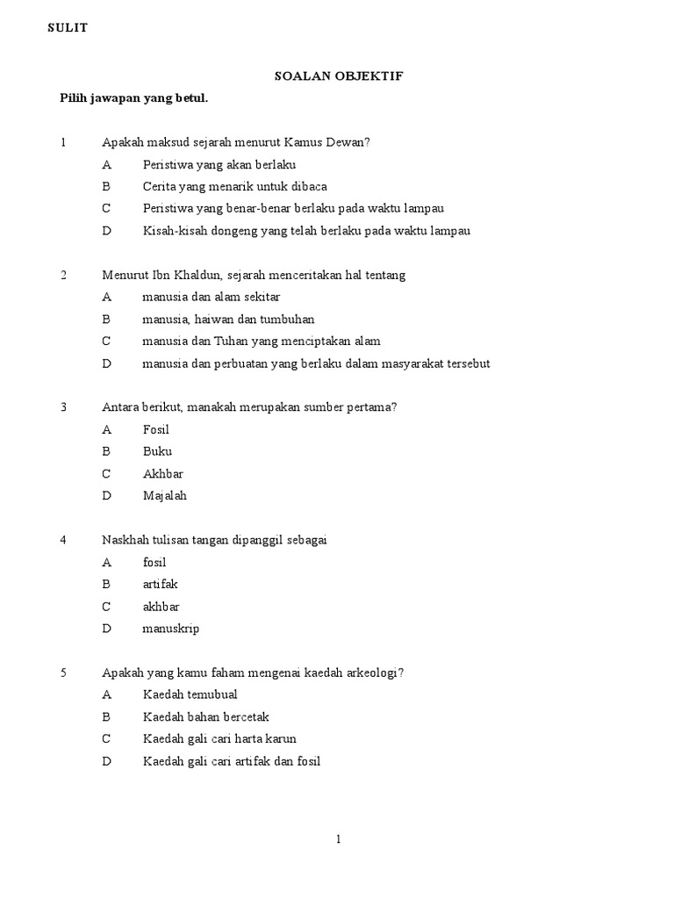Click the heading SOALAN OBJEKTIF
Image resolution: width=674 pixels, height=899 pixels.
click(x=339, y=76)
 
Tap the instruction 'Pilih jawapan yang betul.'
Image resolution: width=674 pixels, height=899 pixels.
click(x=133, y=98)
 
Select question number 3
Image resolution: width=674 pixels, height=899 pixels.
click(x=63, y=407)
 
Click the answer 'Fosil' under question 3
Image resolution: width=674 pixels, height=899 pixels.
click(x=156, y=429)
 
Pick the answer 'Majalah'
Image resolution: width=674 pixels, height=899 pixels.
click(x=165, y=496)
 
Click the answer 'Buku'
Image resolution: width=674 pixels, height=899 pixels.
click(x=157, y=451)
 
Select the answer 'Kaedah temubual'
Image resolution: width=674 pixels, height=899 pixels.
click(x=190, y=694)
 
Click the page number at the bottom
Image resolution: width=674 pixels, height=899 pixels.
click(x=339, y=840)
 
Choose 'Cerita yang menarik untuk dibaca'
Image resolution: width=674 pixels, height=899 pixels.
click(x=234, y=186)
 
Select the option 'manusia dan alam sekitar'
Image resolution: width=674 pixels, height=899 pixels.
click(x=212, y=297)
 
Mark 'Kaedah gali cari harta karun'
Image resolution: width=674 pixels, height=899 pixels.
click(x=226, y=739)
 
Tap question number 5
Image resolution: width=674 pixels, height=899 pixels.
click(x=63, y=672)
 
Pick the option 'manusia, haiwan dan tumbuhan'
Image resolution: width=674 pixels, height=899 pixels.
click(x=228, y=319)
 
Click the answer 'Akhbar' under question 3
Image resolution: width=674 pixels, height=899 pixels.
click(x=163, y=474)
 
